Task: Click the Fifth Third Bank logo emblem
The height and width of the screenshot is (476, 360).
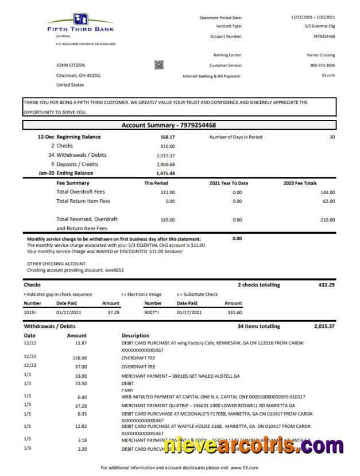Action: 80,19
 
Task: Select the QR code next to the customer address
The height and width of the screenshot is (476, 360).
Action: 159,65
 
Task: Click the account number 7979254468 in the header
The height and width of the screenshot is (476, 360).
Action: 324,36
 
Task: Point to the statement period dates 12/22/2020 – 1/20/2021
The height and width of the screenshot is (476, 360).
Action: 313,18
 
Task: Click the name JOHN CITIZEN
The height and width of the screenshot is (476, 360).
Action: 71,65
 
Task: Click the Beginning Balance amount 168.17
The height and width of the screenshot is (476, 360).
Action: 168,137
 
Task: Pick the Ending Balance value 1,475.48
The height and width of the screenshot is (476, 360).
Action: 165,173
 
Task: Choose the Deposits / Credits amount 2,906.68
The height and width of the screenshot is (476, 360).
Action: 165,164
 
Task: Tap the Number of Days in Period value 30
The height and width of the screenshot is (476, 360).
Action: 331,137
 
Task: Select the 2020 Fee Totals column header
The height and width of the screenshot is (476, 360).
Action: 300,183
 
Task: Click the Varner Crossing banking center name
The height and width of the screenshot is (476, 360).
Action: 321,55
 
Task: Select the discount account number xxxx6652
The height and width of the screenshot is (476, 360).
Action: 113,270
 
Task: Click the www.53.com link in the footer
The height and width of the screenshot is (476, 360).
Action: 245,468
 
